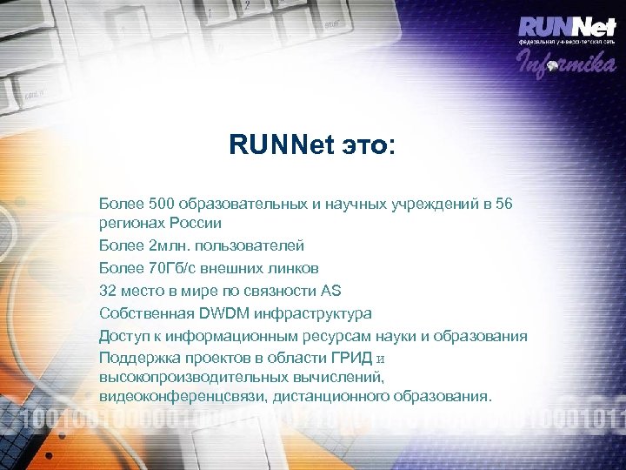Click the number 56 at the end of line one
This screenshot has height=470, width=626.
tap(503, 204)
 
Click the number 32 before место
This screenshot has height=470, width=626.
tap(109, 291)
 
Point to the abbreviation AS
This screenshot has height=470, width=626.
tap(331, 291)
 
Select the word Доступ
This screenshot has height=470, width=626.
tap(124, 336)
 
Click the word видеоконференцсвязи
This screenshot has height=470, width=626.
tap(183, 397)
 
